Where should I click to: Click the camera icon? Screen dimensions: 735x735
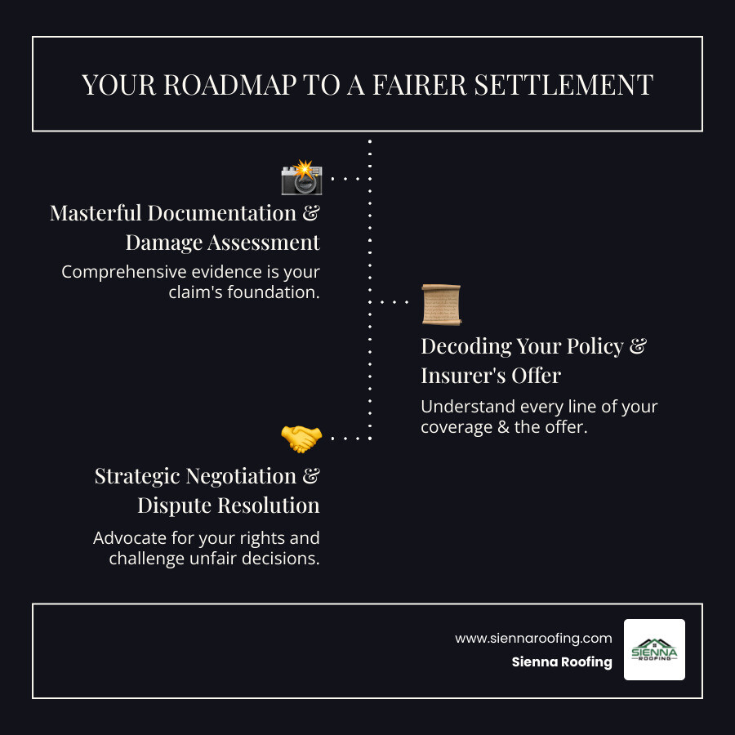301,178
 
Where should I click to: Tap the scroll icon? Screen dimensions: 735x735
441,305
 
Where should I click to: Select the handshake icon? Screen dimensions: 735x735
301,439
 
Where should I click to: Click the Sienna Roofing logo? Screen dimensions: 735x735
654,649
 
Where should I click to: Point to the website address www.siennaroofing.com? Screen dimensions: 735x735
533,638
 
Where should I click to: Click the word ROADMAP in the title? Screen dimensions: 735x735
219,85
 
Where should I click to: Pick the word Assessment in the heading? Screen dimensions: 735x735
263,243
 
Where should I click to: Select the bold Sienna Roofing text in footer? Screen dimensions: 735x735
562,662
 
